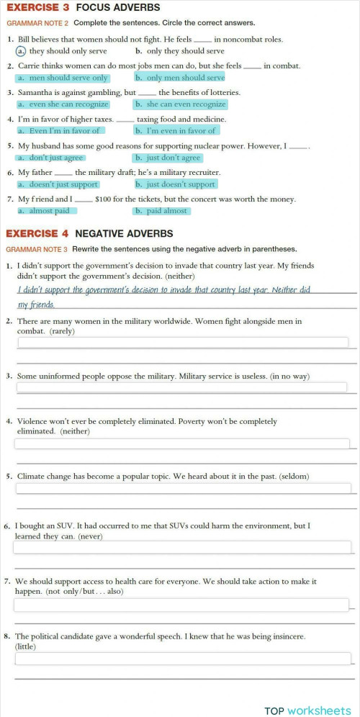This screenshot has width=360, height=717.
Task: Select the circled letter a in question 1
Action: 22,51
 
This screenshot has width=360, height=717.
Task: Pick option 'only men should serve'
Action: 179,78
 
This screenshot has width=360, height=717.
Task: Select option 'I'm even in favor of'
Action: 176,131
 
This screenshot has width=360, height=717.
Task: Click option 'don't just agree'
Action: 50,158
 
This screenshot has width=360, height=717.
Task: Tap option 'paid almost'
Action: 161,211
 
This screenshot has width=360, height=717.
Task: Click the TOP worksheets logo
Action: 307,710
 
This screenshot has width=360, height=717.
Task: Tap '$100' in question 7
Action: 104,199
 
